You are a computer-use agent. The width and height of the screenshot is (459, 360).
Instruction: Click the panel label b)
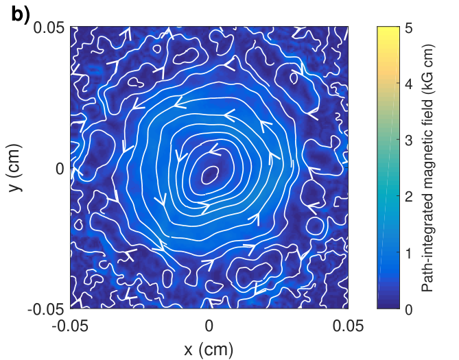(21, 14)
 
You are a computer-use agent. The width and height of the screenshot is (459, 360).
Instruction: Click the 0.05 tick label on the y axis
(49, 28)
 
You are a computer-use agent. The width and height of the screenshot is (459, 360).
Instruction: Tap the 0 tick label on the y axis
(60, 169)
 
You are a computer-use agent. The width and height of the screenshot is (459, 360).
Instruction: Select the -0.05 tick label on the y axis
(46, 309)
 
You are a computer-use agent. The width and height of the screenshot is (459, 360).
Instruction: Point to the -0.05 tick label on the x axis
(70, 326)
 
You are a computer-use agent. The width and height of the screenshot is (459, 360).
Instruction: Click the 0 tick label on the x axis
(209, 326)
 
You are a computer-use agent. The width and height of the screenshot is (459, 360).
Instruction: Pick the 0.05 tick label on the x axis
(349, 326)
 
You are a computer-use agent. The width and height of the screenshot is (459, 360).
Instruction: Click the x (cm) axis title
(209, 349)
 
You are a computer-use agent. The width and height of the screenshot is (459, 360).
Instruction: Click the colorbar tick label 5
(409, 28)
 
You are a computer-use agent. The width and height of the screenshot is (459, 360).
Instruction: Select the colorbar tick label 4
(409, 84)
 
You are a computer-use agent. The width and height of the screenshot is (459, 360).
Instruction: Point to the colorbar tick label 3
(409, 141)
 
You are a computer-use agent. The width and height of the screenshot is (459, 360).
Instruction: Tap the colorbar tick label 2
(409, 197)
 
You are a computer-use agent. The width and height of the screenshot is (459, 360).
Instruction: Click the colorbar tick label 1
(409, 253)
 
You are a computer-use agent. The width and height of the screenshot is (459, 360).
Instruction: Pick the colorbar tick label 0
(409, 309)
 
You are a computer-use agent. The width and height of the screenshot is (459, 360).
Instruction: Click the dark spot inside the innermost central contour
(209, 175)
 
